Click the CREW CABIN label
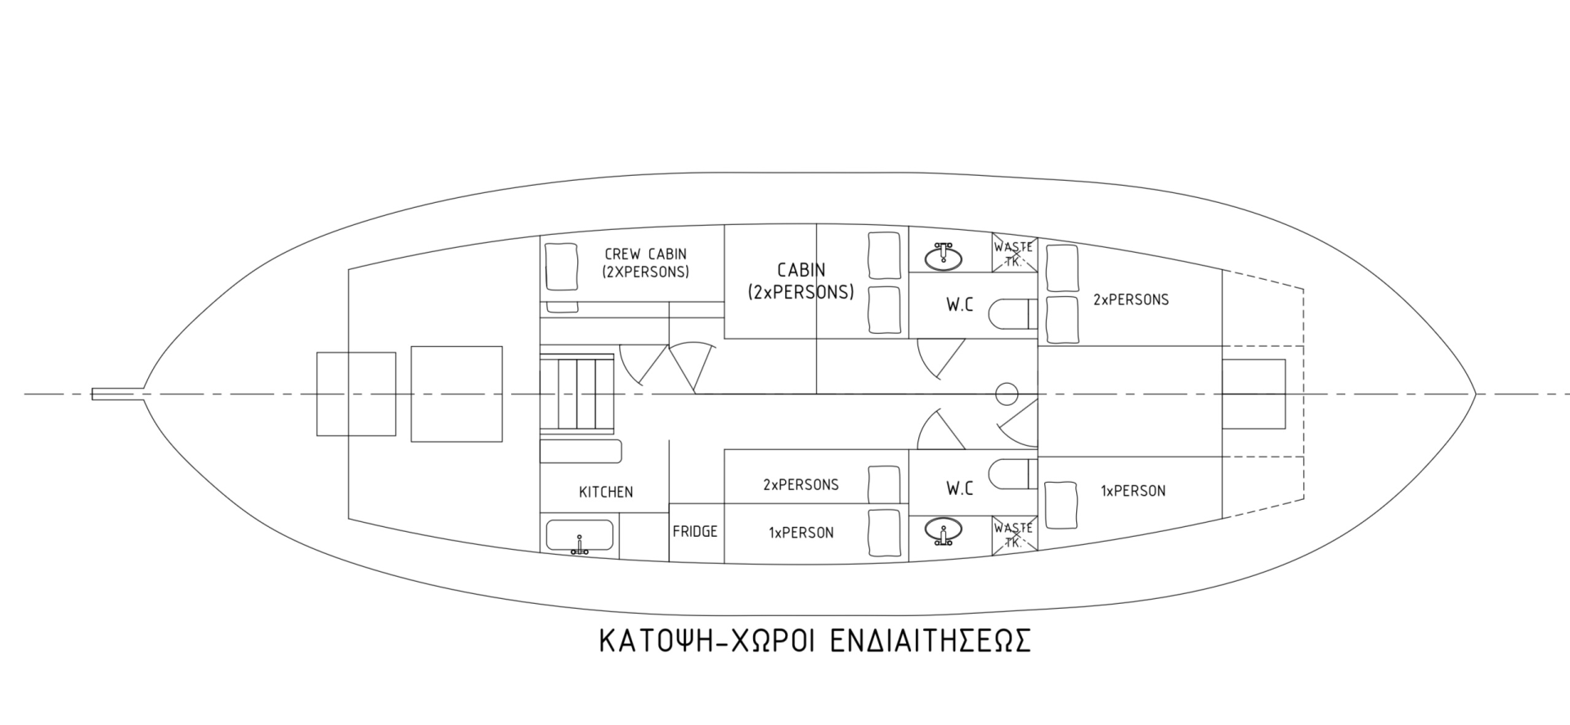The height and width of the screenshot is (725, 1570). (x=645, y=263)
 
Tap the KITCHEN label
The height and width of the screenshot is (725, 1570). (x=606, y=492)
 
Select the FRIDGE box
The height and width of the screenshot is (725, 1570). (x=695, y=532)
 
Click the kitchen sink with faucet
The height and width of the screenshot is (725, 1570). (x=578, y=537)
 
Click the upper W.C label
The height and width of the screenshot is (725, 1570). (x=960, y=305)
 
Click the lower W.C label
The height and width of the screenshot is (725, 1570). (x=960, y=489)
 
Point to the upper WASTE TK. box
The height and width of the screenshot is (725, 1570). (x=1014, y=253)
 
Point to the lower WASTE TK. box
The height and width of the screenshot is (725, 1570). (x=1014, y=535)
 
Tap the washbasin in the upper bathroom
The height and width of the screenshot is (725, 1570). (x=944, y=256)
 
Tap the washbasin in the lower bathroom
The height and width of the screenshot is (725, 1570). (x=944, y=532)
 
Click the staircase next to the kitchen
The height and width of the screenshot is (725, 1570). (x=576, y=393)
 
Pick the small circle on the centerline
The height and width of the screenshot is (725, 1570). (x=1007, y=395)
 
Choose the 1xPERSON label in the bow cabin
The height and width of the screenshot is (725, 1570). (x=1133, y=491)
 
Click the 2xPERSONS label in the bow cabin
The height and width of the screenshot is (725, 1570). (x=1131, y=300)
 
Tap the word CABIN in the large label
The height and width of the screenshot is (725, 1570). (x=801, y=269)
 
